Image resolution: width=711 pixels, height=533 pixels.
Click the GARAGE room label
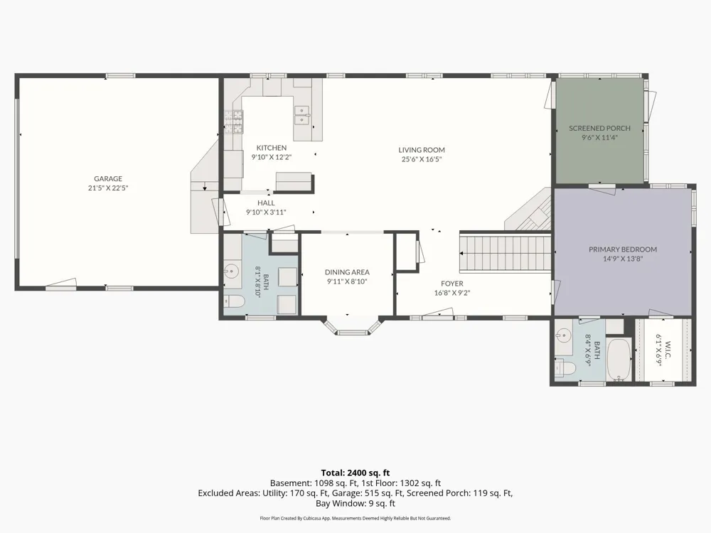click(108, 178)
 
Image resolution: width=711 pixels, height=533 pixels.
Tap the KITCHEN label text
click(271, 148)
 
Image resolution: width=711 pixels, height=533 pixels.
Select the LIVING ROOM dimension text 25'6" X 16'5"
click(421, 159)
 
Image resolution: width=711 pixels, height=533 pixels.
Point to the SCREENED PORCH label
click(599, 128)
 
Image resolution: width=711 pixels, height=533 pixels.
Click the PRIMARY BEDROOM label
click(623, 249)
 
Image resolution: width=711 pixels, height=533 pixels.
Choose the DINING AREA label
click(347, 272)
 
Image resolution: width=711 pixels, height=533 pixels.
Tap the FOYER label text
click(451, 284)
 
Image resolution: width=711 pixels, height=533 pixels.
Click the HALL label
click(266, 203)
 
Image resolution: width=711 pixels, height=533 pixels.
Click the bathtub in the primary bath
click(619, 360)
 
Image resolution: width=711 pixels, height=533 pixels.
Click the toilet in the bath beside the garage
click(234, 301)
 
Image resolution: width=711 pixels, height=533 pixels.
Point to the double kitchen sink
click(302, 114)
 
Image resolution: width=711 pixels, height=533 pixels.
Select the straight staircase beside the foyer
click(505, 252)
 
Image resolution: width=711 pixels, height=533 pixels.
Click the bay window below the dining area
click(353, 326)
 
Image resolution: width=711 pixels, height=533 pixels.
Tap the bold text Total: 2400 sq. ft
click(355, 473)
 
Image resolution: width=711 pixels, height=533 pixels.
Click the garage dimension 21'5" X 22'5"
click(108, 188)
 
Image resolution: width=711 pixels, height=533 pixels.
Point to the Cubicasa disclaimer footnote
click(355, 518)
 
